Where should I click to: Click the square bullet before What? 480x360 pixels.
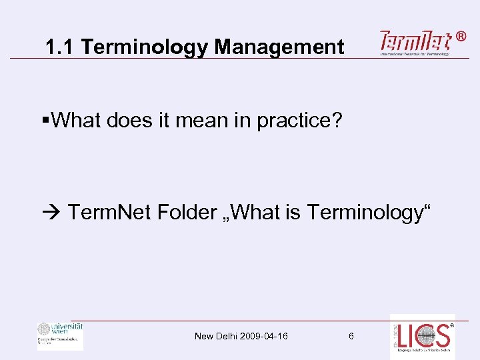click(x=45, y=121)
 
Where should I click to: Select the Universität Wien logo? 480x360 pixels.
click(x=60, y=335)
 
